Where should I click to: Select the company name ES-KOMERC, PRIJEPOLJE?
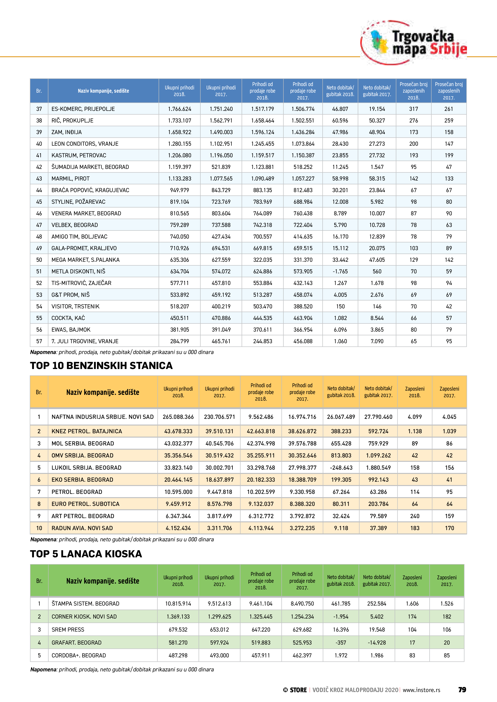coord(83,109)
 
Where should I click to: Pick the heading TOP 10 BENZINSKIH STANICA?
coord(101,365)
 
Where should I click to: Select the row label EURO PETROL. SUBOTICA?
coord(85,504)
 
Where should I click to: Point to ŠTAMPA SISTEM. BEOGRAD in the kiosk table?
coord(85,604)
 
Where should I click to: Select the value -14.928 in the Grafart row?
coord(377,642)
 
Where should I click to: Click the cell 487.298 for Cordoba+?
coord(178,655)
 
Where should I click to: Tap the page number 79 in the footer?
coord(462,690)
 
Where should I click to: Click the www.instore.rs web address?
coord(421,690)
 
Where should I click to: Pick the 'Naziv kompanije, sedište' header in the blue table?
coord(103,91)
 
